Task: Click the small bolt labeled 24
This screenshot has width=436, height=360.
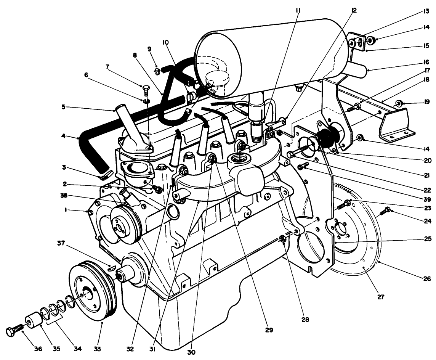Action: tap(386, 209)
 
